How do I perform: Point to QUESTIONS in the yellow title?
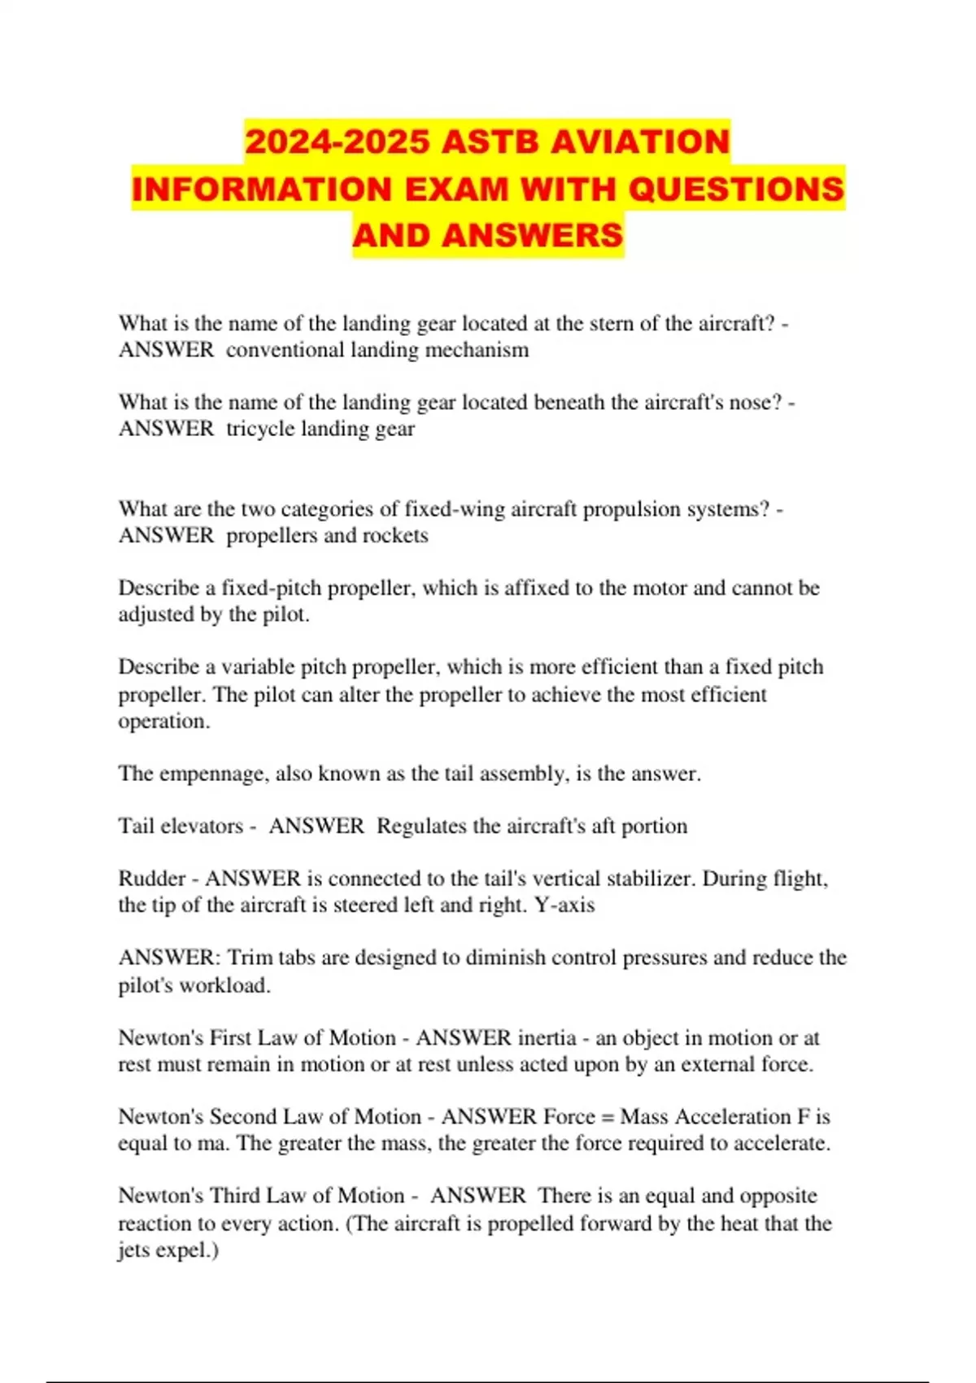[x=736, y=190]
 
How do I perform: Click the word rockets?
[x=397, y=536]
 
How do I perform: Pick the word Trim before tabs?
[x=249, y=958]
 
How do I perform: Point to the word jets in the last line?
[x=135, y=1250]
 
